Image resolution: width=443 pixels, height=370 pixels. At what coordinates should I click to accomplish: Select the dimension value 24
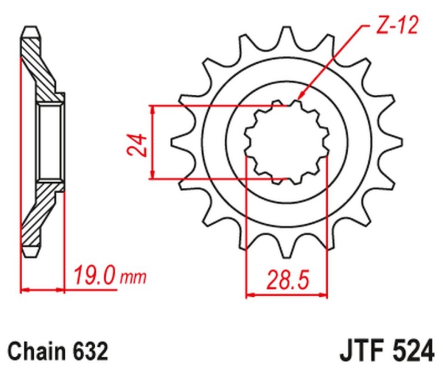coord(138,143)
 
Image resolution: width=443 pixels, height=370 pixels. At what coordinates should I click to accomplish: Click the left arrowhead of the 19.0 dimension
coord(24,289)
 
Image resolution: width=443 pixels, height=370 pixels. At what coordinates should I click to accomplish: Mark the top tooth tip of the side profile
coord(31,29)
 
